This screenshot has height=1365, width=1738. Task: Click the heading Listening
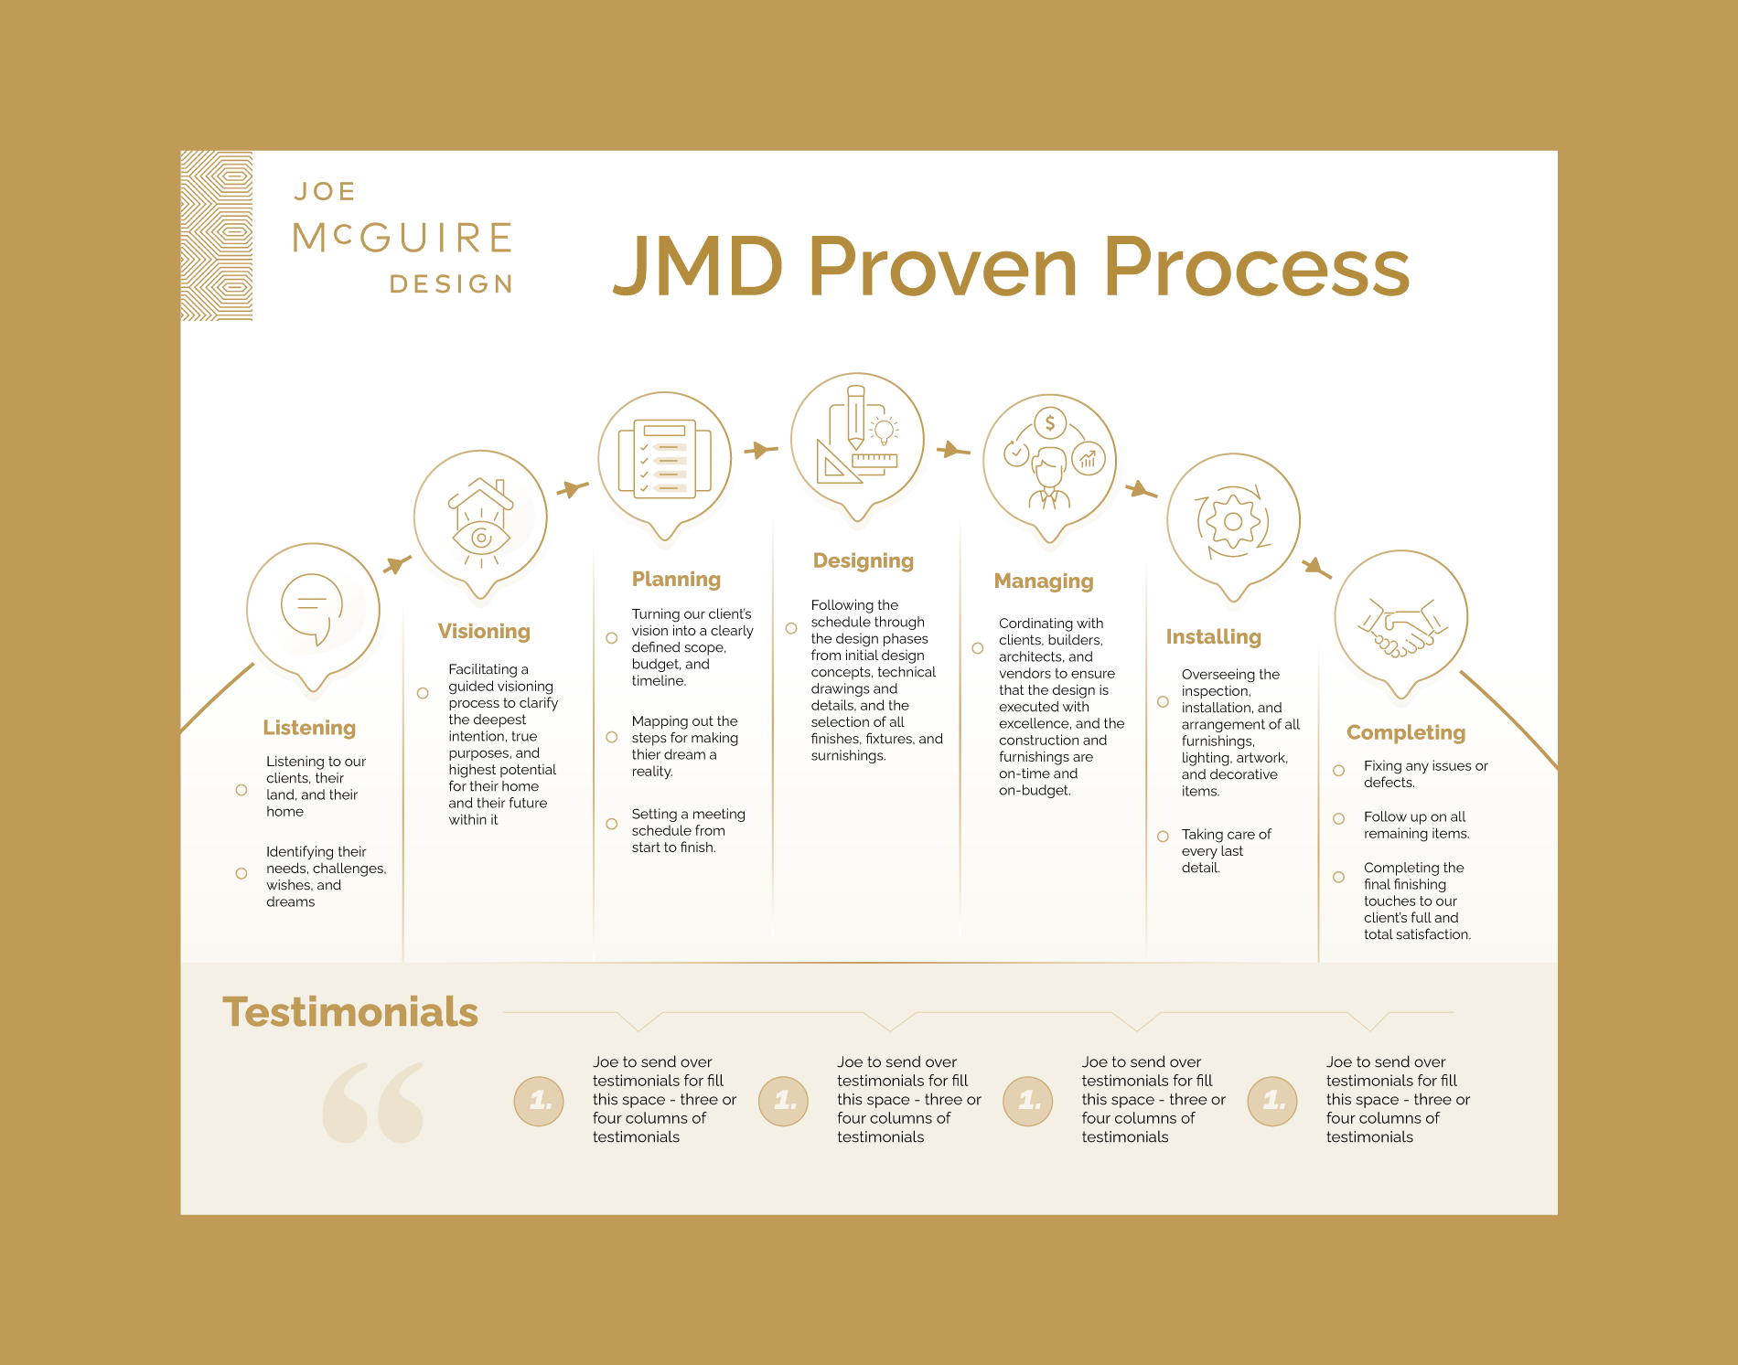coord(309,728)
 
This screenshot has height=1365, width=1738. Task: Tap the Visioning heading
coord(484,632)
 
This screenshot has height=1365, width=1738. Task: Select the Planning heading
coord(676,580)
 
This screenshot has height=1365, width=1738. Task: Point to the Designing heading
coord(863,561)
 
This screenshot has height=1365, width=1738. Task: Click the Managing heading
coord(1044,581)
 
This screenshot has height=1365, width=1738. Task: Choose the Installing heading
coord(1213,637)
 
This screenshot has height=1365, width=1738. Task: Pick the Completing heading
coord(1406,733)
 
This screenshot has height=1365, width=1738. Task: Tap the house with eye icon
coord(480,521)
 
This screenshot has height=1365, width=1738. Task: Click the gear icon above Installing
coord(1233,521)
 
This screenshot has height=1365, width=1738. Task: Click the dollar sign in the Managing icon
coord(1050,422)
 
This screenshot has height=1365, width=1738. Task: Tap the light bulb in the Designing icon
coord(884,430)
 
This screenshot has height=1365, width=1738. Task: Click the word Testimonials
coord(350,1013)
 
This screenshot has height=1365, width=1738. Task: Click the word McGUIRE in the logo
coord(402,239)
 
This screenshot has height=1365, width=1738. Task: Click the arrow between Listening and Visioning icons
coord(396,564)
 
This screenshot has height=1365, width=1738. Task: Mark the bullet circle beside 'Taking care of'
coord(1163,837)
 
